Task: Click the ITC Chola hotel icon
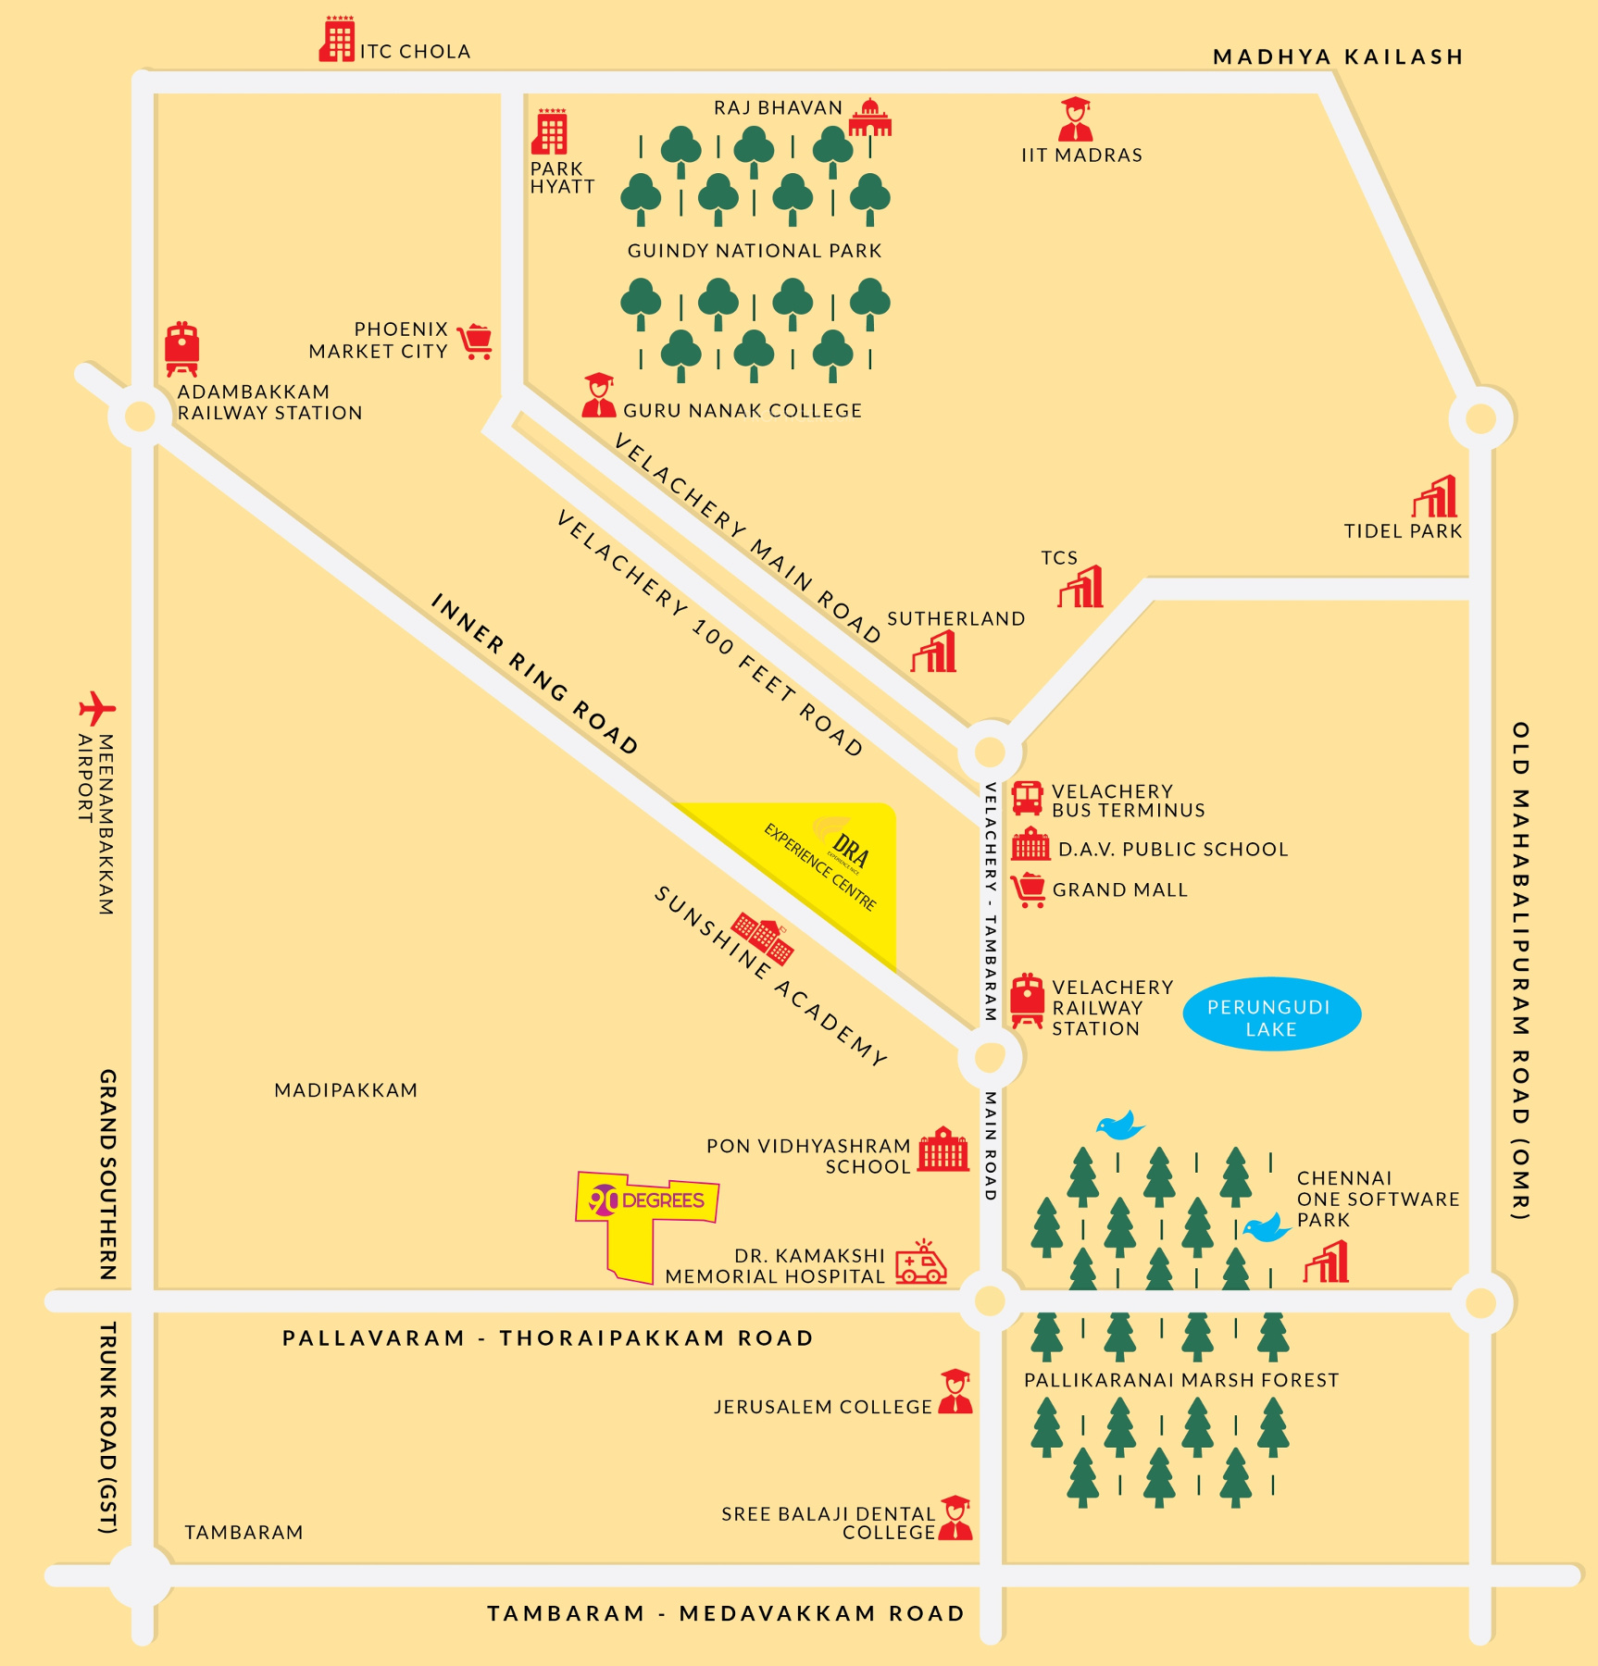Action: (337, 40)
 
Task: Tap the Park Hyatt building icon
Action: (550, 132)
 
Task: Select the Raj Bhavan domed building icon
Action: (869, 118)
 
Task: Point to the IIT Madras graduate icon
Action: (1075, 118)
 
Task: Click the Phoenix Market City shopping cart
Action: (476, 342)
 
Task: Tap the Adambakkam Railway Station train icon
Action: (182, 349)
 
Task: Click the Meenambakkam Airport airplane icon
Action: (96, 709)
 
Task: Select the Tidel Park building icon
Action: (1435, 497)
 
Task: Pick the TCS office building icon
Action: (1081, 586)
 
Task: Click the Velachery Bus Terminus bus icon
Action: (1027, 798)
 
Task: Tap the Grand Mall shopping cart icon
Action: (1029, 889)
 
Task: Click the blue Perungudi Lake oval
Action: (1271, 1014)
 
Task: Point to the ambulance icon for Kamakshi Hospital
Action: (920, 1263)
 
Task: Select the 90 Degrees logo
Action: (647, 1200)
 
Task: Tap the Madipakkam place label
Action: (345, 1090)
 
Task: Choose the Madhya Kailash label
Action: (1338, 57)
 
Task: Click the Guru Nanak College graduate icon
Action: (599, 395)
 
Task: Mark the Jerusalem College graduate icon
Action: (955, 1392)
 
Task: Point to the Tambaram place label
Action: (243, 1533)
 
